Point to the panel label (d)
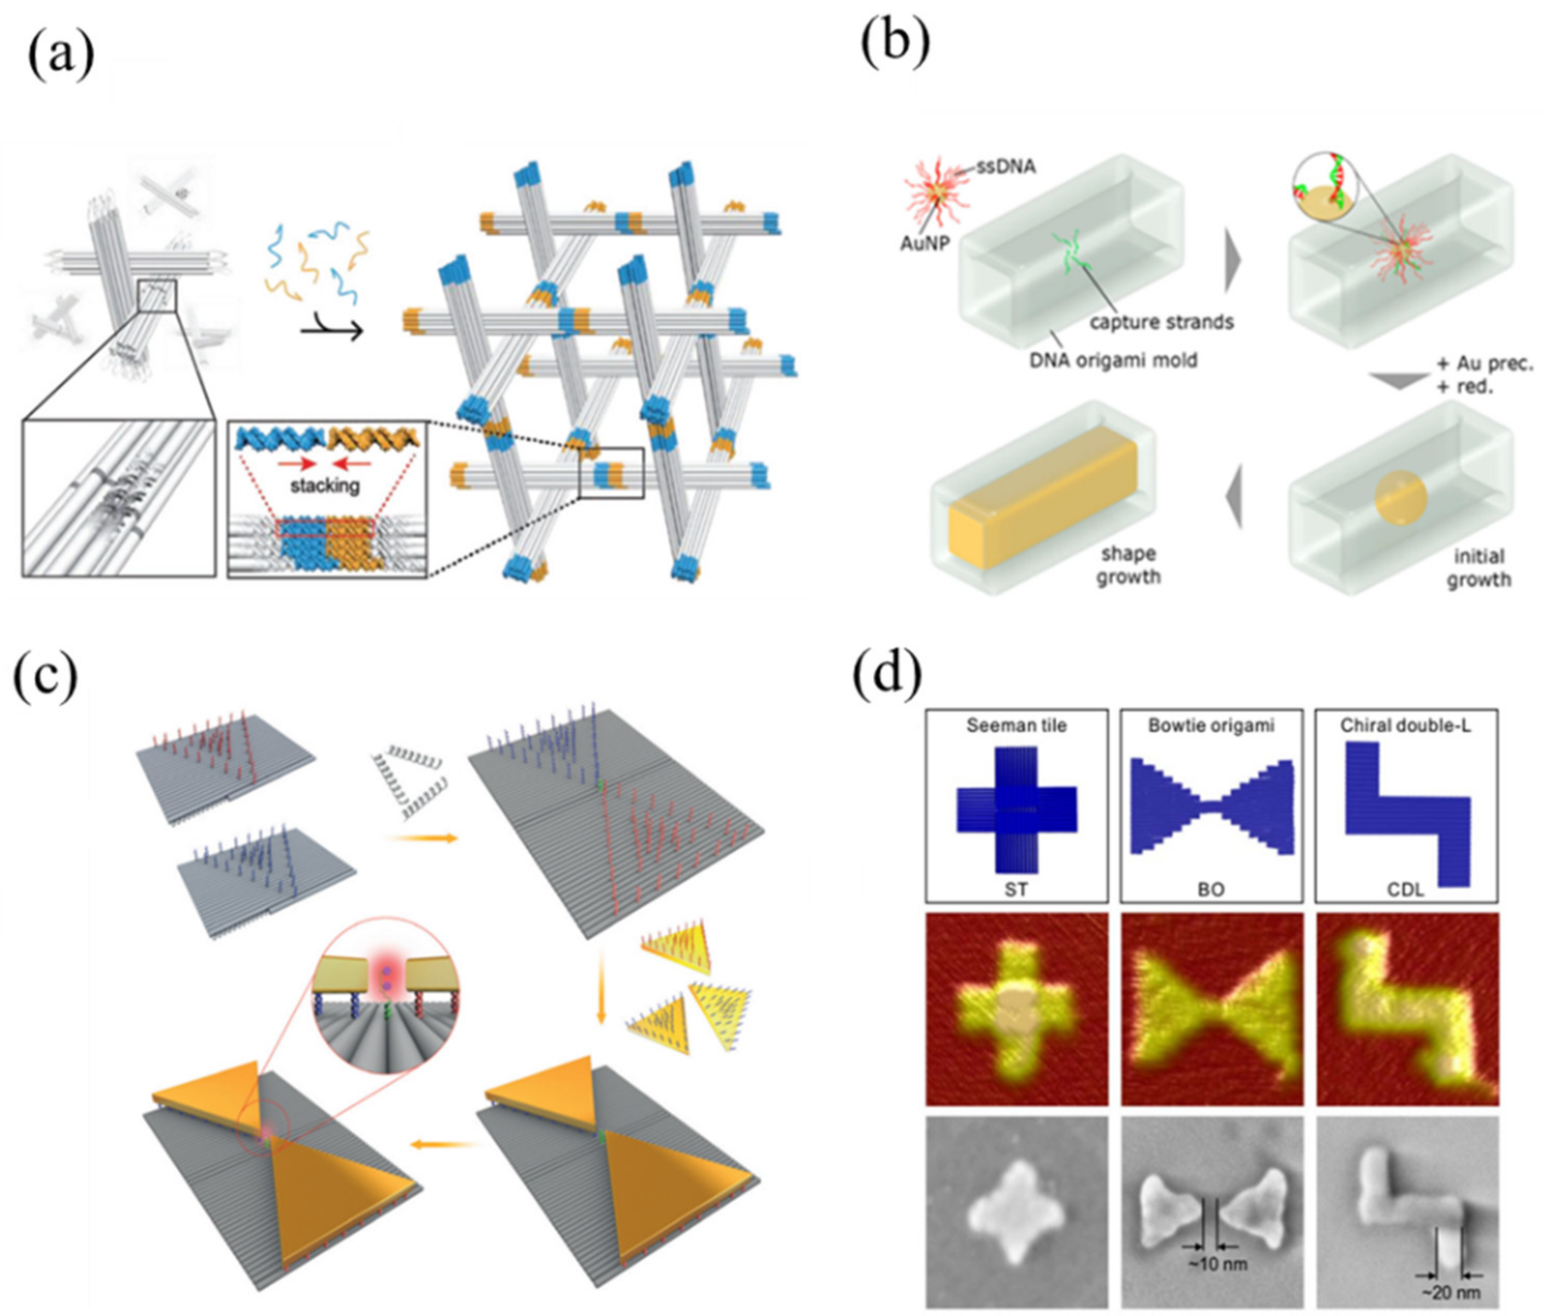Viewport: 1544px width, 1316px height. tap(887, 677)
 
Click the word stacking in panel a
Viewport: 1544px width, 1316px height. tap(324, 486)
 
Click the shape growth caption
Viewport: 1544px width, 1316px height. tap(1128, 565)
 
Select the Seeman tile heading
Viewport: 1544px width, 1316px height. tap(1016, 725)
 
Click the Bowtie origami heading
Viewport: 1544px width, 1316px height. tap(1211, 725)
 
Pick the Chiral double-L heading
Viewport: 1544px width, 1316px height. tap(1405, 725)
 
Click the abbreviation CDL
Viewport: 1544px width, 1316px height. tap(1405, 889)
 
